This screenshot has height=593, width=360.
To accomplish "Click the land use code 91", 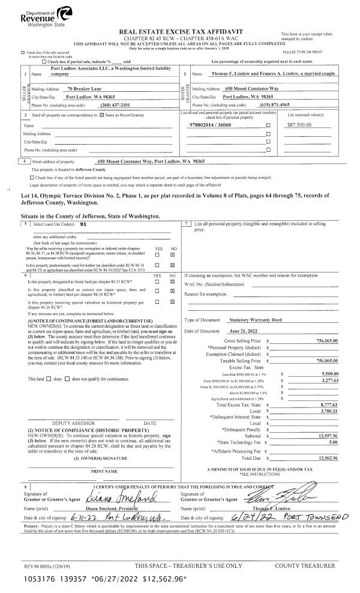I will (x=83, y=223).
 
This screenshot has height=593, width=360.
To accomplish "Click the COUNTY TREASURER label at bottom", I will (x=305, y=565).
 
